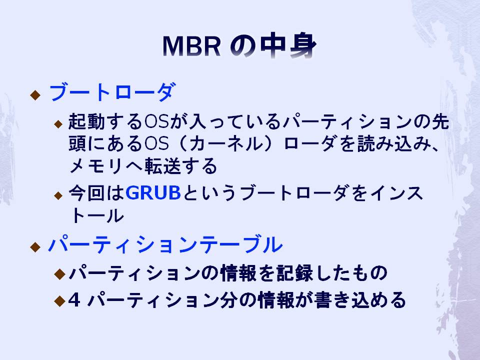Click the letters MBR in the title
pyautogui.click(x=191, y=46)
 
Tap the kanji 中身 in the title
pyautogui.click(x=288, y=46)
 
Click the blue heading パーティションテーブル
pyautogui.click(x=165, y=244)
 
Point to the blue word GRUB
pyautogui.click(x=153, y=193)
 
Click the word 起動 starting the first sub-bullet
pyautogui.click(x=86, y=121)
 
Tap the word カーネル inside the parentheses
pyautogui.click(x=226, y=143)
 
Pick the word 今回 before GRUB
pyautogui.click(x=86, y=193)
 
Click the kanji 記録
pyautogui.click(x=295, y=273)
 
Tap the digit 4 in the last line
pyautogui.click(x=74, y=299)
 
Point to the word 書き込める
pyautogui.click(x=360, y=299)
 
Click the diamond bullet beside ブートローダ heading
pyautogui.click(x=35, y=95)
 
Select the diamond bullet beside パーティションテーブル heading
pyautogui.click(x=35, y=247)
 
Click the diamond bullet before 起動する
pyautogui.click(x=58, y=124)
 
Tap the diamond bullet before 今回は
pyautogui.click(x=58, y=195)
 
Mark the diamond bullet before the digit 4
pyautogui.click(x=59, y=301)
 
